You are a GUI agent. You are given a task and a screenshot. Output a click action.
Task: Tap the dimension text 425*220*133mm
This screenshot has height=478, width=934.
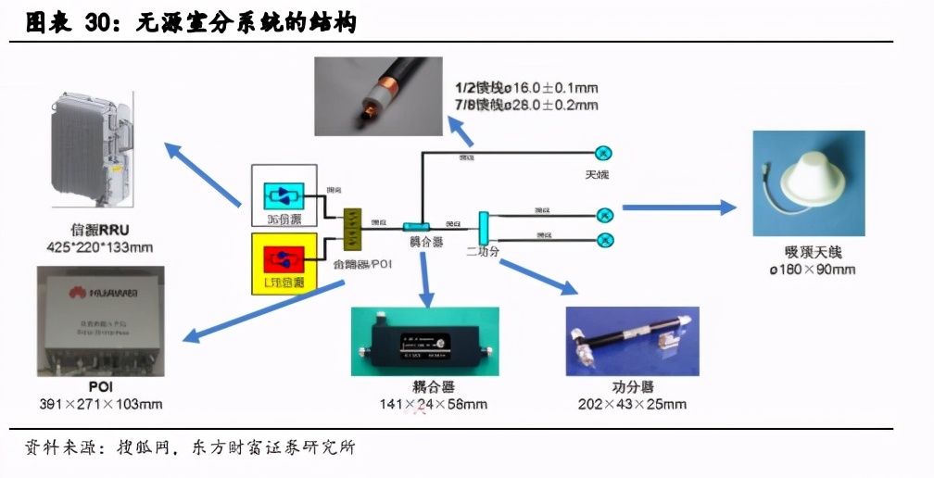[99, 247]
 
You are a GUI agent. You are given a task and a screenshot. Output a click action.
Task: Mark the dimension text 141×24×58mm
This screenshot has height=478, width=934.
[433, 404]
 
